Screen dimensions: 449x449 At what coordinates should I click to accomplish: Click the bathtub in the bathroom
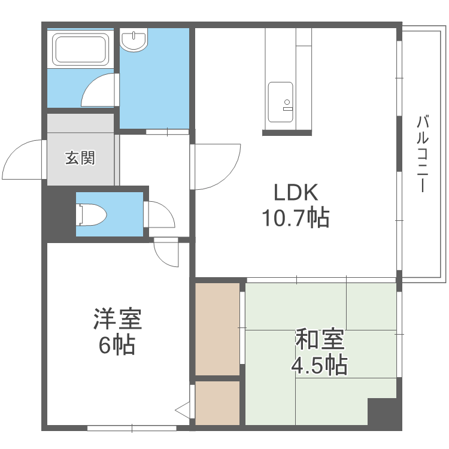pos(81,49)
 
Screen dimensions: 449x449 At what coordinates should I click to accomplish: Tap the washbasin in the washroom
pos(134,40)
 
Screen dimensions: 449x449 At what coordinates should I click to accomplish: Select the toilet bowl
pos(93,214)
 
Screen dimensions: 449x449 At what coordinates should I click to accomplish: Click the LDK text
pos(295,193)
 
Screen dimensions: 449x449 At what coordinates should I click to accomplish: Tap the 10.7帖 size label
pos(295,218)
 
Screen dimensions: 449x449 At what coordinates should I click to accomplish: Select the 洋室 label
pos(117,319)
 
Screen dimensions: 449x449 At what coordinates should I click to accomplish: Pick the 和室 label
pos(320,339)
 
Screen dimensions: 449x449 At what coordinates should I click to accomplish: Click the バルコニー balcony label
pos(423,154)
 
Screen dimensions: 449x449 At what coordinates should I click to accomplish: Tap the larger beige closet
pos(217,329)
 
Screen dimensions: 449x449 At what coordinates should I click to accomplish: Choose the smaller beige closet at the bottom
pos(217,403)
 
